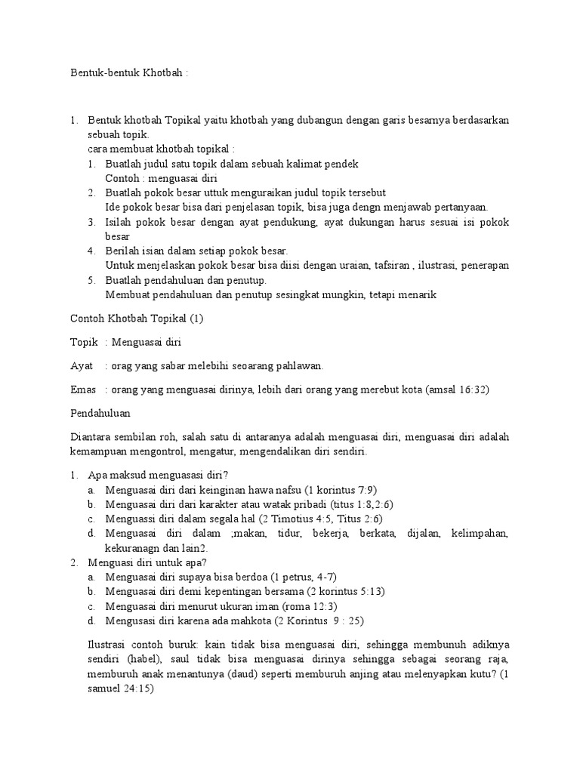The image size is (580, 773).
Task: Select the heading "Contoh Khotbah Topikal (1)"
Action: click(137, 318)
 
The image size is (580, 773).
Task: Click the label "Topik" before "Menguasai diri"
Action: click(84, 342)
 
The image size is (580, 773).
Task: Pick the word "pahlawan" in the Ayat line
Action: click(301, 365)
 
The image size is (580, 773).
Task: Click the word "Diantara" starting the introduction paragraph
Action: click(91, 438)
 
